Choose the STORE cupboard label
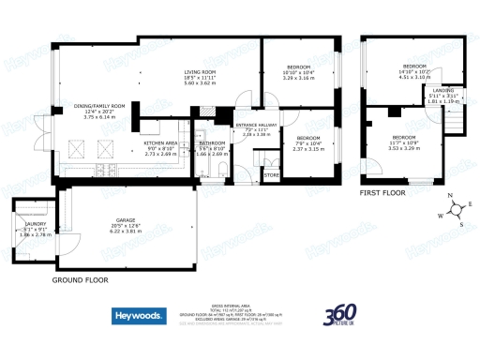tap(272, 174)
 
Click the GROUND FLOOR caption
tap(80, 279)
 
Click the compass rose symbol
tap(454, 211)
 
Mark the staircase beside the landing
tap(454, 121)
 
